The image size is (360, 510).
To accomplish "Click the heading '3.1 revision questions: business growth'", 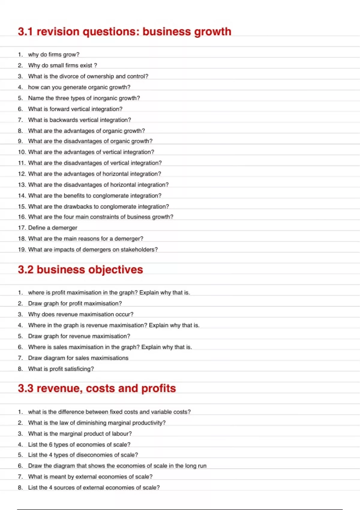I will (124, 32).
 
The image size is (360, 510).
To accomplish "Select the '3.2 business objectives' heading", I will (80, 270).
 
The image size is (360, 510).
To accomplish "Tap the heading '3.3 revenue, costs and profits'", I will (97, 388).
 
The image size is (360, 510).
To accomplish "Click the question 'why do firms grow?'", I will (54, 55).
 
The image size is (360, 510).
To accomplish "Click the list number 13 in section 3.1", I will (22, 185).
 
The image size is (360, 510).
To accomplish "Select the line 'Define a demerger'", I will (52, 228).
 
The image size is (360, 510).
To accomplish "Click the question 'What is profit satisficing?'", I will (61, 369).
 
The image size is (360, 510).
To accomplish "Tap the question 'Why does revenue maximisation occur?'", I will (81, 314).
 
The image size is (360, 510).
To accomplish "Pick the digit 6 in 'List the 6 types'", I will (51, 445).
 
